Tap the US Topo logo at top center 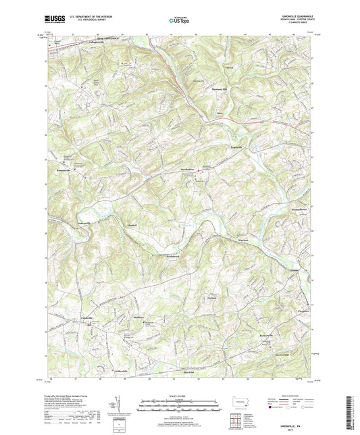point(178,21)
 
